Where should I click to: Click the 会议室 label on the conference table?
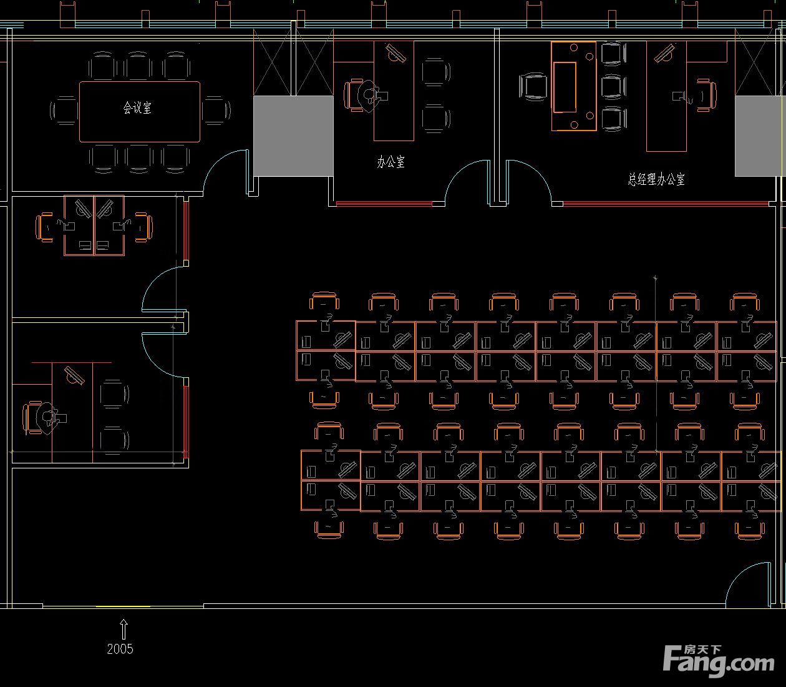137,107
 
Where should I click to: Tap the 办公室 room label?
391,162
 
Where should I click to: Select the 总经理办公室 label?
656,179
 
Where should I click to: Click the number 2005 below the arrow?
120,649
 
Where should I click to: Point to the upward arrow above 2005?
124,630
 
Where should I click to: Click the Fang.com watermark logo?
719,661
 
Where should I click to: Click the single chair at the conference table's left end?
64,111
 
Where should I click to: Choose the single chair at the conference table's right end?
216,111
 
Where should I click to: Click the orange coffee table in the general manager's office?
573,86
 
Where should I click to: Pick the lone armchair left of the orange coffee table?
533,87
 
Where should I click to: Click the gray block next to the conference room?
293,136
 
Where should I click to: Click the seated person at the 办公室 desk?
369,96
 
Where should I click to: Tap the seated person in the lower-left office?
47,418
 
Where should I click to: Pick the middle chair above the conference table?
138,66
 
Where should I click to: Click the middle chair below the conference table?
139,159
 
